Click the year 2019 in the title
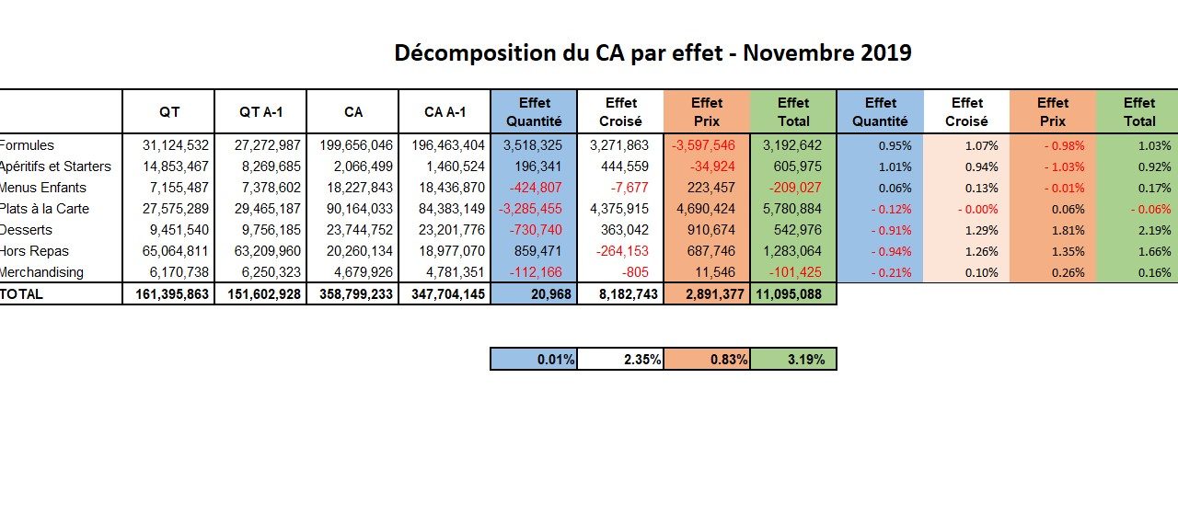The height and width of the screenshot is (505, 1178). pyautogui.click(x=885, y=52)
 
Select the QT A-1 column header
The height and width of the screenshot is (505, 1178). pyautogui.click(x=260, y=112)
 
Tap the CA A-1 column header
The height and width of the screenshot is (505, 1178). pyautogui.click(x=445, y=112)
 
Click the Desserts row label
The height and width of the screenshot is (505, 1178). pyautogui.click(x=26, y=230)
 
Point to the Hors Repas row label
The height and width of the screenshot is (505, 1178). pyautogui.click(x=34, y=251)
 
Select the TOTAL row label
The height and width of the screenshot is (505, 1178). pyautogui.click(x=21, y=293)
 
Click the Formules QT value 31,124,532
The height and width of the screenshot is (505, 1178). pyautogui.click(x=175, y=145)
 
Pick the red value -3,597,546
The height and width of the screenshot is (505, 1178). pyautogui.click(x=703, y=145)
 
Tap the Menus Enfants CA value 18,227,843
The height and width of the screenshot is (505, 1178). pyautogui.click(x=359, y=188)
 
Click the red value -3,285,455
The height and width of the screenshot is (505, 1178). pyautogui.click(x=530, y=209)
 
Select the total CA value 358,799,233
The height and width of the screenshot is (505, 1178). pyautogui.click(x=356, y=293)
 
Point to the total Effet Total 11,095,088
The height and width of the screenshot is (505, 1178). pyautogui.click(x=789, y=293)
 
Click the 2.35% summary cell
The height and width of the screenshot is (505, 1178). pyautogui.click(x=620, y=359)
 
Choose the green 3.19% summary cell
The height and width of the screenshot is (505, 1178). pyautogui.click(x=793, y=359)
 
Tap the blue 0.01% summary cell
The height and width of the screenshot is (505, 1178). pyautogui.click(x=534, y=359)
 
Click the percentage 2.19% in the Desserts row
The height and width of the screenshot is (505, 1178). pyautogui.click(x=1154, y=230)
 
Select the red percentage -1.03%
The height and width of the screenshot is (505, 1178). pyautogui.click(x=1065, y=166)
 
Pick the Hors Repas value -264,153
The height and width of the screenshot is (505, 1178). pyautogui.click(x=622, y=251)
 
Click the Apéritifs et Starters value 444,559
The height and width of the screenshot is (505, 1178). pyautogui.click(x=625, y=166)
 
